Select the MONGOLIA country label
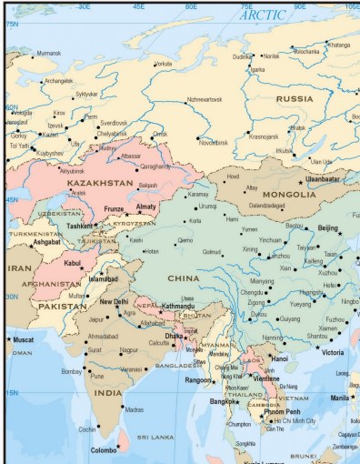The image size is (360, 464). pos(289,195)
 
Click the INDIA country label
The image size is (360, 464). pos(108,392)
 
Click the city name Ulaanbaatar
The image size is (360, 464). pos(322,180)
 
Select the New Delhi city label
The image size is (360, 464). pos(114,302)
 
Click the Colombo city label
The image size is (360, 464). pos(104,449)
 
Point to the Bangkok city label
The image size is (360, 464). pos(223,401)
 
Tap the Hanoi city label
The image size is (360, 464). pos(278,358)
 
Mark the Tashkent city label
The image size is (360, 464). pos(80,226)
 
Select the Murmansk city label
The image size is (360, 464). pos(48,54)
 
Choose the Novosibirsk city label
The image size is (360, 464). pos(219,142)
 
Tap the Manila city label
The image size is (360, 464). pos(338,398)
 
